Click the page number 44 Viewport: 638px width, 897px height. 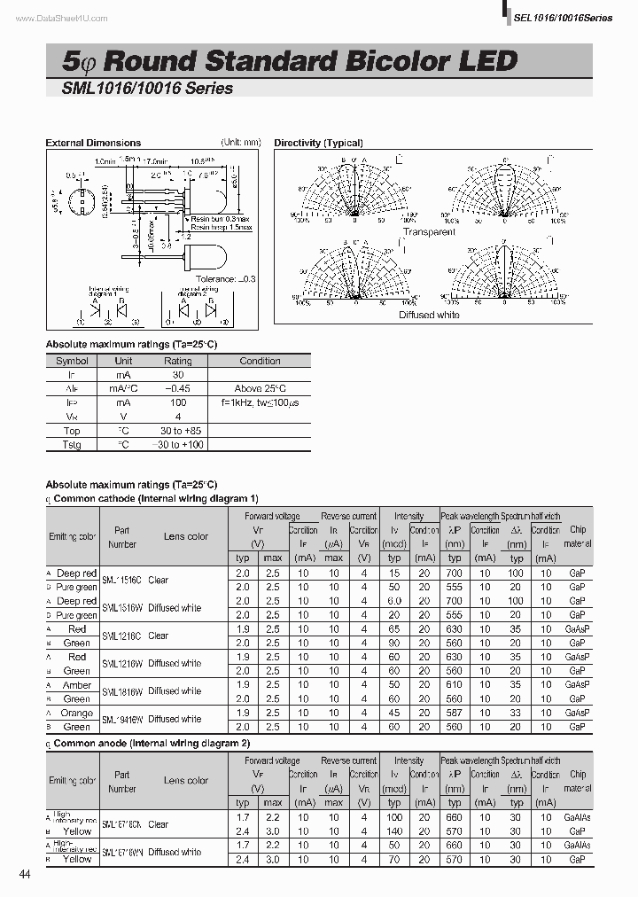click(24, 875)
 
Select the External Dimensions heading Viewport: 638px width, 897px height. click(93, 143)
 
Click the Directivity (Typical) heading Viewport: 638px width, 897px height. click(318, 143)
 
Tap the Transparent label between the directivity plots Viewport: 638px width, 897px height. click(429, 232)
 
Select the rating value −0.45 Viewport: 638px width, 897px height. click(177, 388)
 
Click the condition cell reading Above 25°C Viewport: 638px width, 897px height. click(260, 388)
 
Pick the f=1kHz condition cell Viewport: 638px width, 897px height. click(261, 402)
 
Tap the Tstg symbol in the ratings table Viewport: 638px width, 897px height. click(72, 444)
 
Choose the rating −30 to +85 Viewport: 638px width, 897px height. click(177, 430)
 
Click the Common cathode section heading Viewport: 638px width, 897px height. click(156, 498)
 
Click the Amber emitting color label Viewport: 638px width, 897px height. click(77, 685)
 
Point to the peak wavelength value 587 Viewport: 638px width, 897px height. click(455, 713)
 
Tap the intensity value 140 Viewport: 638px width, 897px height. click(394, 831)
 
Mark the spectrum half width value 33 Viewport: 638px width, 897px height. click(516, 713)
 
